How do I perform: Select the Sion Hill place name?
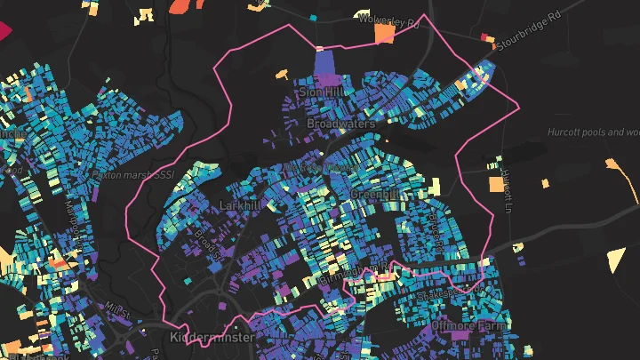click(320, 92)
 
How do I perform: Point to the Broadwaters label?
click(340, 124)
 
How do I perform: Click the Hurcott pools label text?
click(594, 132)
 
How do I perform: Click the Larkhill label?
click(238, 205)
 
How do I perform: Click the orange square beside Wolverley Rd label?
click(385, 34)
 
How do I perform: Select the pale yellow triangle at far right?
click(616, 259)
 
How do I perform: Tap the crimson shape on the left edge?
click(4, 29)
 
